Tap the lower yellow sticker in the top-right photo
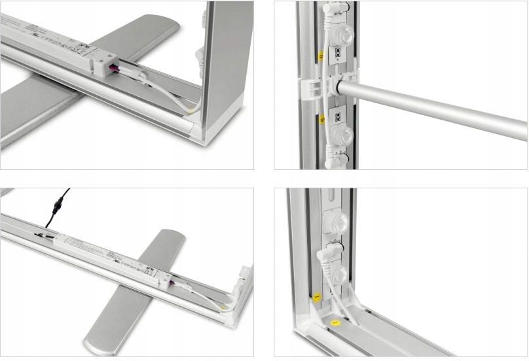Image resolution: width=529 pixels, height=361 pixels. click(x=322, y=120)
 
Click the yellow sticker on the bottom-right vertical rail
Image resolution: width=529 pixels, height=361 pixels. click(x=316, y=297)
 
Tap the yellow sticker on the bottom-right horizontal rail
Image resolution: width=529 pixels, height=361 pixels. click(x=335, y=323)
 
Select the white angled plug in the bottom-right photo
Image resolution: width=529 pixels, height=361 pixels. click(x=325, y=254)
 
